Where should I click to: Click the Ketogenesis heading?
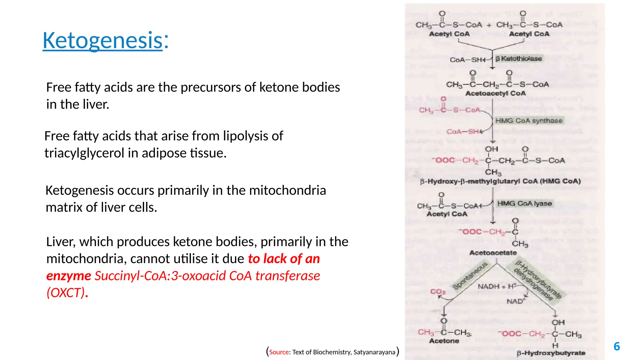pos(102,41)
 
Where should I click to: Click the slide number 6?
pos(617,346)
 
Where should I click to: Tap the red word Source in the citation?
pos(279,352)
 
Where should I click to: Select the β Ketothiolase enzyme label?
pos(519,58)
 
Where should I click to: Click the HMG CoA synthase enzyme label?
pos(529,121)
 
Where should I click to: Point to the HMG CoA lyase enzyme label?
pos(524,203)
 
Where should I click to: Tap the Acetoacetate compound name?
pos(493,253)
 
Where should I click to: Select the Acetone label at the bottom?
pos(444,341)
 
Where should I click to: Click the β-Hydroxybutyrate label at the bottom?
pos(551,353)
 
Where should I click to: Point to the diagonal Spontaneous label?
pos(470,276)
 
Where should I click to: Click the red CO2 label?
pos(437,292)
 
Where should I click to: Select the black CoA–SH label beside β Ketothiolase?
pos(467,60)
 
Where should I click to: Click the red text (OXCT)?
pos(66,293)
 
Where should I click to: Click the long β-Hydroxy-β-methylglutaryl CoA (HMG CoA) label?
pos(500,181)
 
